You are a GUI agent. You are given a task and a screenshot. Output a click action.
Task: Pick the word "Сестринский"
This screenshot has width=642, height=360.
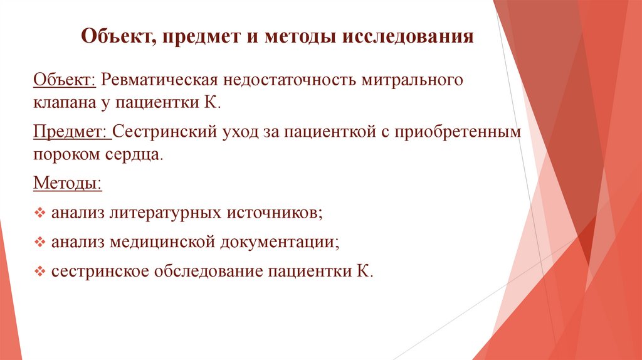tap(164, 132)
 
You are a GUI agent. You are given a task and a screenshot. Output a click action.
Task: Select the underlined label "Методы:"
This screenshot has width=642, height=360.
tap(66, 184)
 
